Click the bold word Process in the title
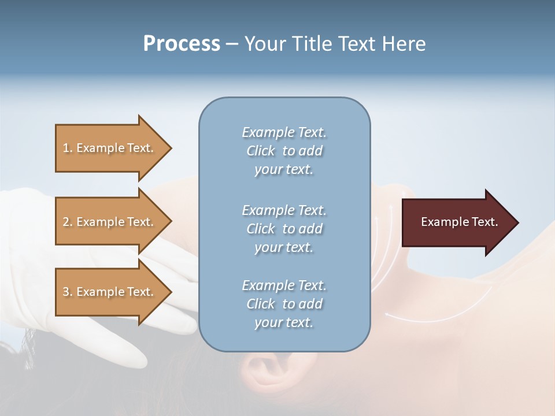pyautogui.click(x=182, y=44)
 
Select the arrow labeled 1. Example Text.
pyautogui.click(x=110, y=148)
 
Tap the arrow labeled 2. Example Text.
pyautogui.click(x=110, y=222)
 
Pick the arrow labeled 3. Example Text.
pyautogui.click(x=110, y=292)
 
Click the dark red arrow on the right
pyautogui.click(x=457, y=222)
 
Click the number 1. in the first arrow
pyautogui.click(x=68, y=148)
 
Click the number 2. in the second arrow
pyautogui.click(x=68, y=222)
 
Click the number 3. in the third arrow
pyautogui.click(x=68, y=292)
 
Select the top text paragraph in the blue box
pyautogui.click(x=284, y=151)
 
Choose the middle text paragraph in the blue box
pyautogui.click(x=284, y=229)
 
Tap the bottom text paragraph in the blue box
pyautogui.click(x=284, y=304)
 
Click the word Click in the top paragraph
pyautogui.click(x=260, y=151)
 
